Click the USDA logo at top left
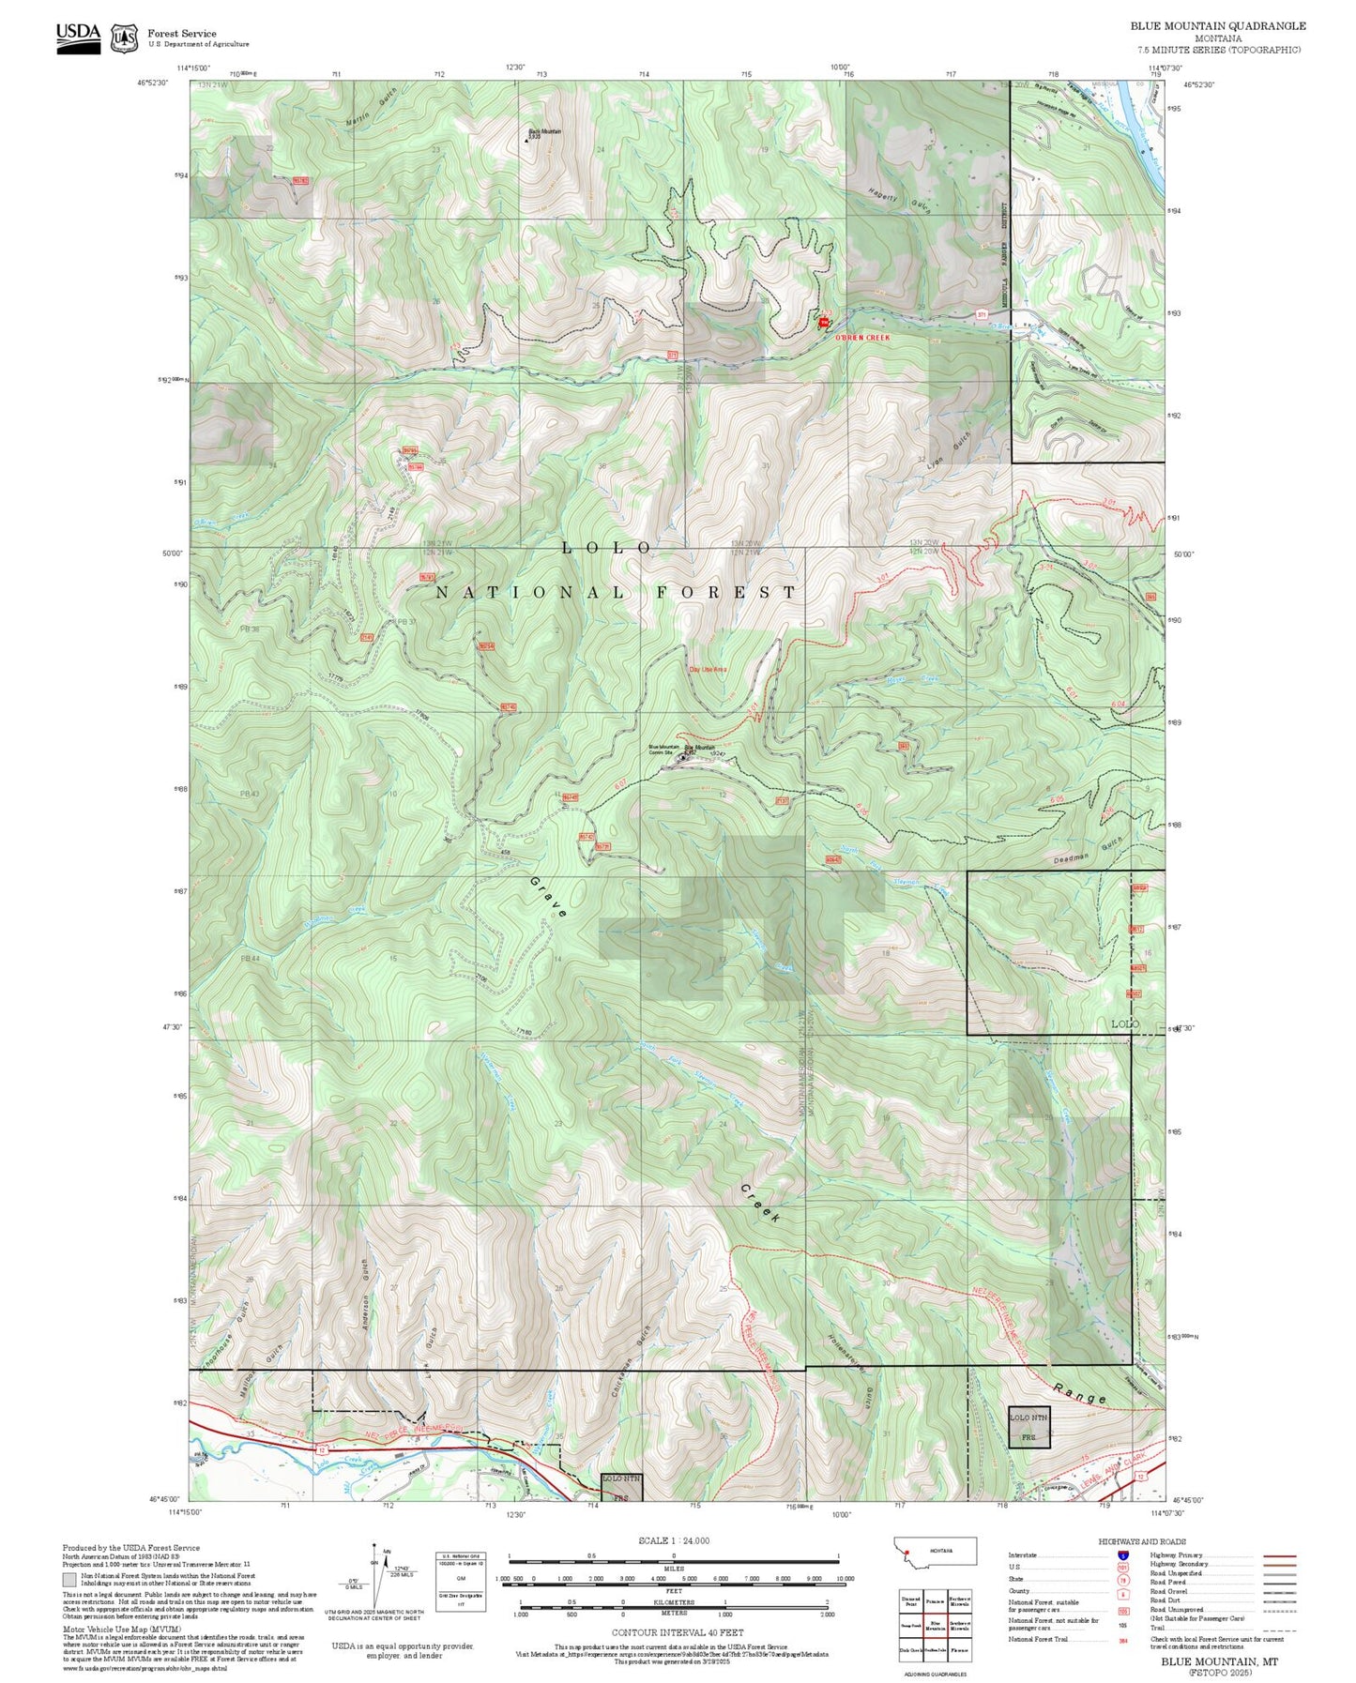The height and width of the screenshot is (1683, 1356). [x=78, y=37]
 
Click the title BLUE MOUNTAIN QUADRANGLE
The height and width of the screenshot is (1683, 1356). [x=1217, y=26]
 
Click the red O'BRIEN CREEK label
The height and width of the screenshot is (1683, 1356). [x=861, y=336]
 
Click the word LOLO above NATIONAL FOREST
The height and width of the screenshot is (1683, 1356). [x=607, y=548]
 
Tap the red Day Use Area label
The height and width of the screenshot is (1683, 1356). [x=708, y=669]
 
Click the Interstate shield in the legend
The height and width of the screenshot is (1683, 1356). [x=1123, y=1555]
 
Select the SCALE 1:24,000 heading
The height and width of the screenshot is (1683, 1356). [x=674, y=1540]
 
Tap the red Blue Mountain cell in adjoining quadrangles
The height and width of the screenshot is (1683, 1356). [x=935, y=1624]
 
